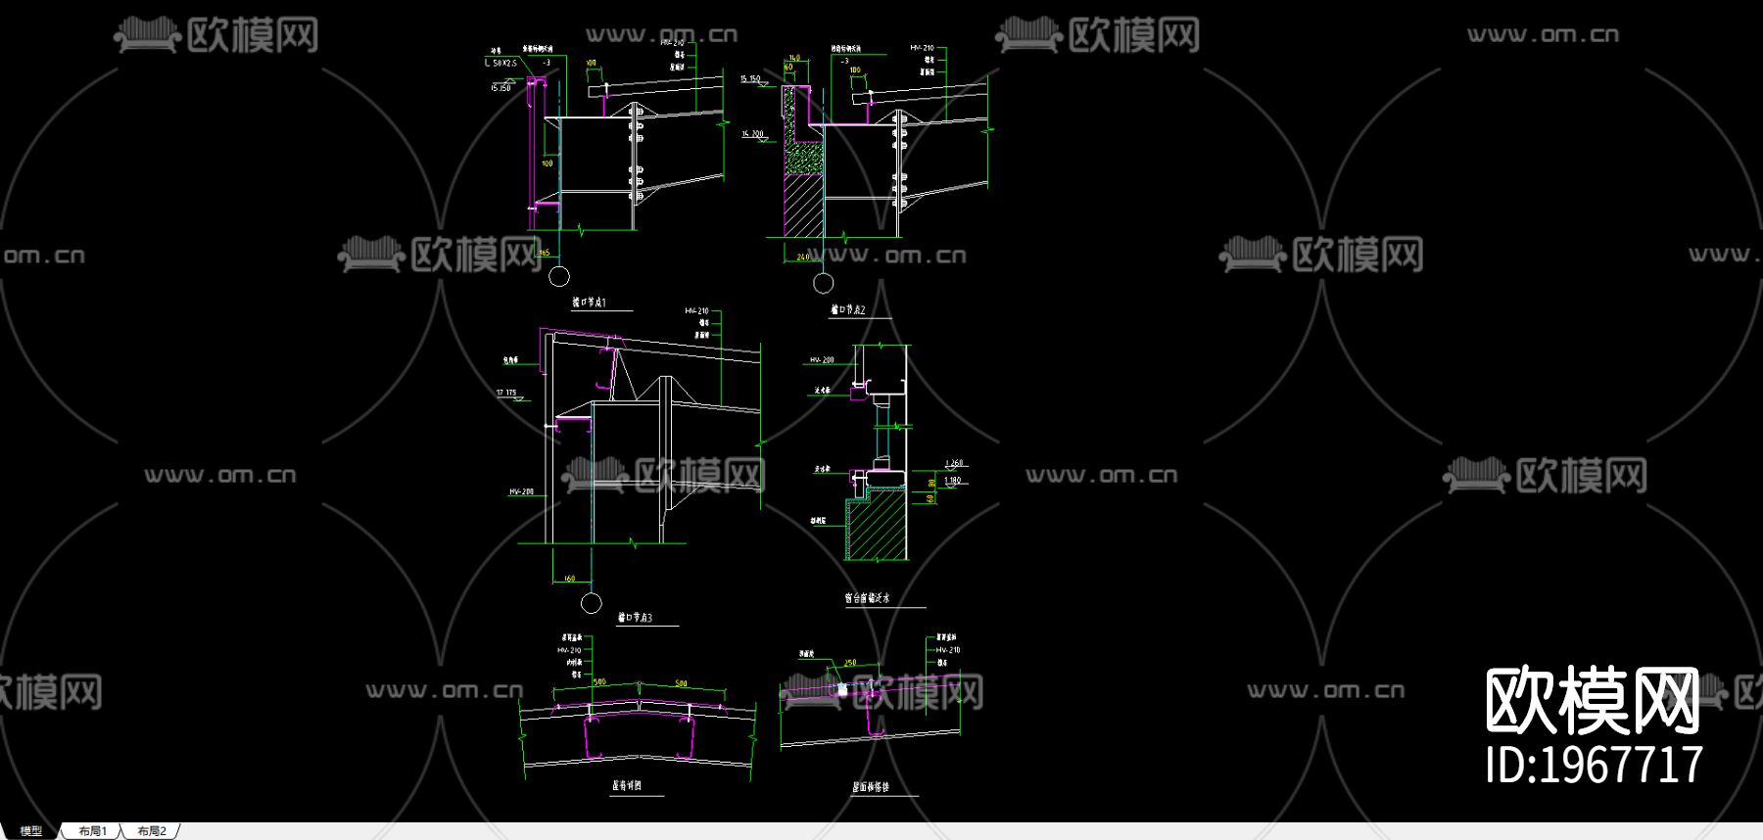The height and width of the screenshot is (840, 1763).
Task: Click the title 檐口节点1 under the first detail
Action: (589, 303)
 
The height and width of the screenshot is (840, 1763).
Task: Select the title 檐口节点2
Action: (848, 310)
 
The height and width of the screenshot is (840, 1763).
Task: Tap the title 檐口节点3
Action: (635, 618)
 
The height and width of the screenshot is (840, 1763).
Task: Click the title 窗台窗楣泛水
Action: (867, 597)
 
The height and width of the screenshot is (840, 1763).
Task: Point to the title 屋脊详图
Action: (627, 785)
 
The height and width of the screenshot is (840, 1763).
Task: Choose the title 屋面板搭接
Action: (871, 786)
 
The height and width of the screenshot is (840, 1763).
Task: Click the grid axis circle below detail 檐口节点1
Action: (559, 276)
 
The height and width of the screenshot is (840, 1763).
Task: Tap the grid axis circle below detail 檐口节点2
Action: (824, 283)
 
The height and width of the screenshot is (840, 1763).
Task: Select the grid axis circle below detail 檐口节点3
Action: (591, 602)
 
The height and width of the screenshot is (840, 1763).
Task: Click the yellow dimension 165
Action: (545, 254)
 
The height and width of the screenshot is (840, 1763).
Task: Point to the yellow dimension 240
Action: (803, 257)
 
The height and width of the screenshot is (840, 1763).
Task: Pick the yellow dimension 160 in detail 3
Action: (569, 579)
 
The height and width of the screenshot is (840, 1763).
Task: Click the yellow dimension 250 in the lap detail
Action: (850, 663)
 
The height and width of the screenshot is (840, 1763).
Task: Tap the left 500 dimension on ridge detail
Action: (599, 682)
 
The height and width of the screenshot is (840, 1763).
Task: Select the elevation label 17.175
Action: (506, 393)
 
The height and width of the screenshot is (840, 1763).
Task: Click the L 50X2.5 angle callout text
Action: (500, 63)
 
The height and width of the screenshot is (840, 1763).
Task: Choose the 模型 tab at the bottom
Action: (31, 831)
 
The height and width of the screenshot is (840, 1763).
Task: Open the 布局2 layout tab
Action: (152, 831)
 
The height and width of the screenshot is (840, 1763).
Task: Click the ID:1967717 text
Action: (1594, 765)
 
